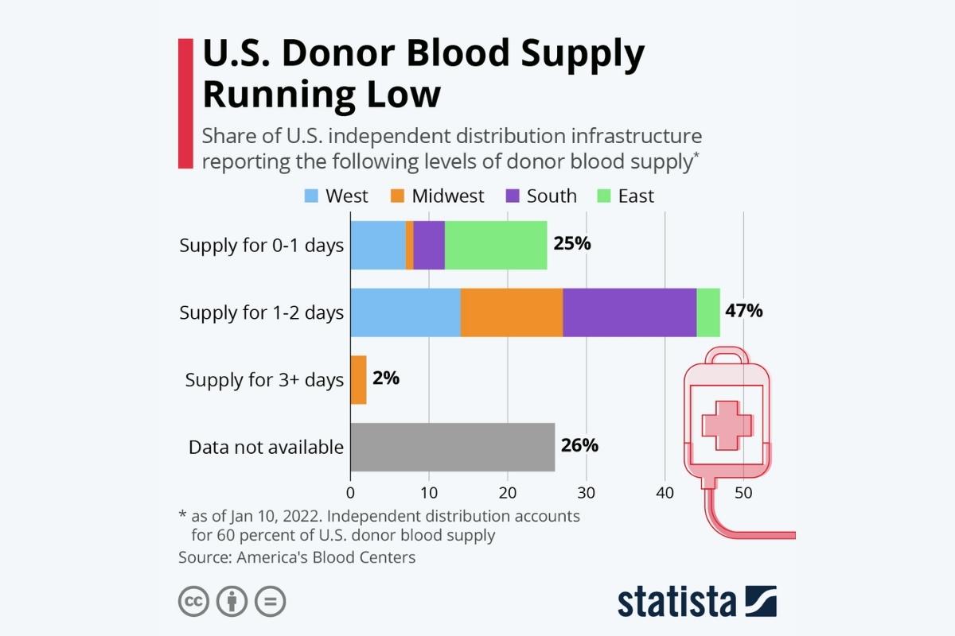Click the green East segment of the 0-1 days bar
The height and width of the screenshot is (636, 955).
(x=496, y=245)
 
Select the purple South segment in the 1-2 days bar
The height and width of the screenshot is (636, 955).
(x=630, y=312)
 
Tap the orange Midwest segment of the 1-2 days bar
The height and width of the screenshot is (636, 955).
(x=512, y=312)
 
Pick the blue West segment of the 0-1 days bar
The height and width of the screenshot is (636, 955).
(x=378, y=245)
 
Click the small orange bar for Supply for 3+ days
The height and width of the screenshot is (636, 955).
(x=359, y=380)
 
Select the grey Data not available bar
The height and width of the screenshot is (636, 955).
(x=452, y=447)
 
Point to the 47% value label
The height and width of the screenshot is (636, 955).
(x=743, y=311)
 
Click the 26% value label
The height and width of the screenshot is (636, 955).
(x=579, y=445)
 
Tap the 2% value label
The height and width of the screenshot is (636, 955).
(x=386, y=378)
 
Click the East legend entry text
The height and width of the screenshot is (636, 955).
(x=636, y=196)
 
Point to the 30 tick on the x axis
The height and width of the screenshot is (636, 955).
(x=587, y=493)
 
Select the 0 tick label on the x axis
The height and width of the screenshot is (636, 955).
(x=351, y=493)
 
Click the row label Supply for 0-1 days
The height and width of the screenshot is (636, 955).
(x=261, y=245)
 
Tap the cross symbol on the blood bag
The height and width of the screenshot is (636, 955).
(x=726, y=425)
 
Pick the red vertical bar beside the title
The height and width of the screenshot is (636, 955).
(x=185, y=103)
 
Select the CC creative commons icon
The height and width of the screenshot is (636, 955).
(x=193, y=601)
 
